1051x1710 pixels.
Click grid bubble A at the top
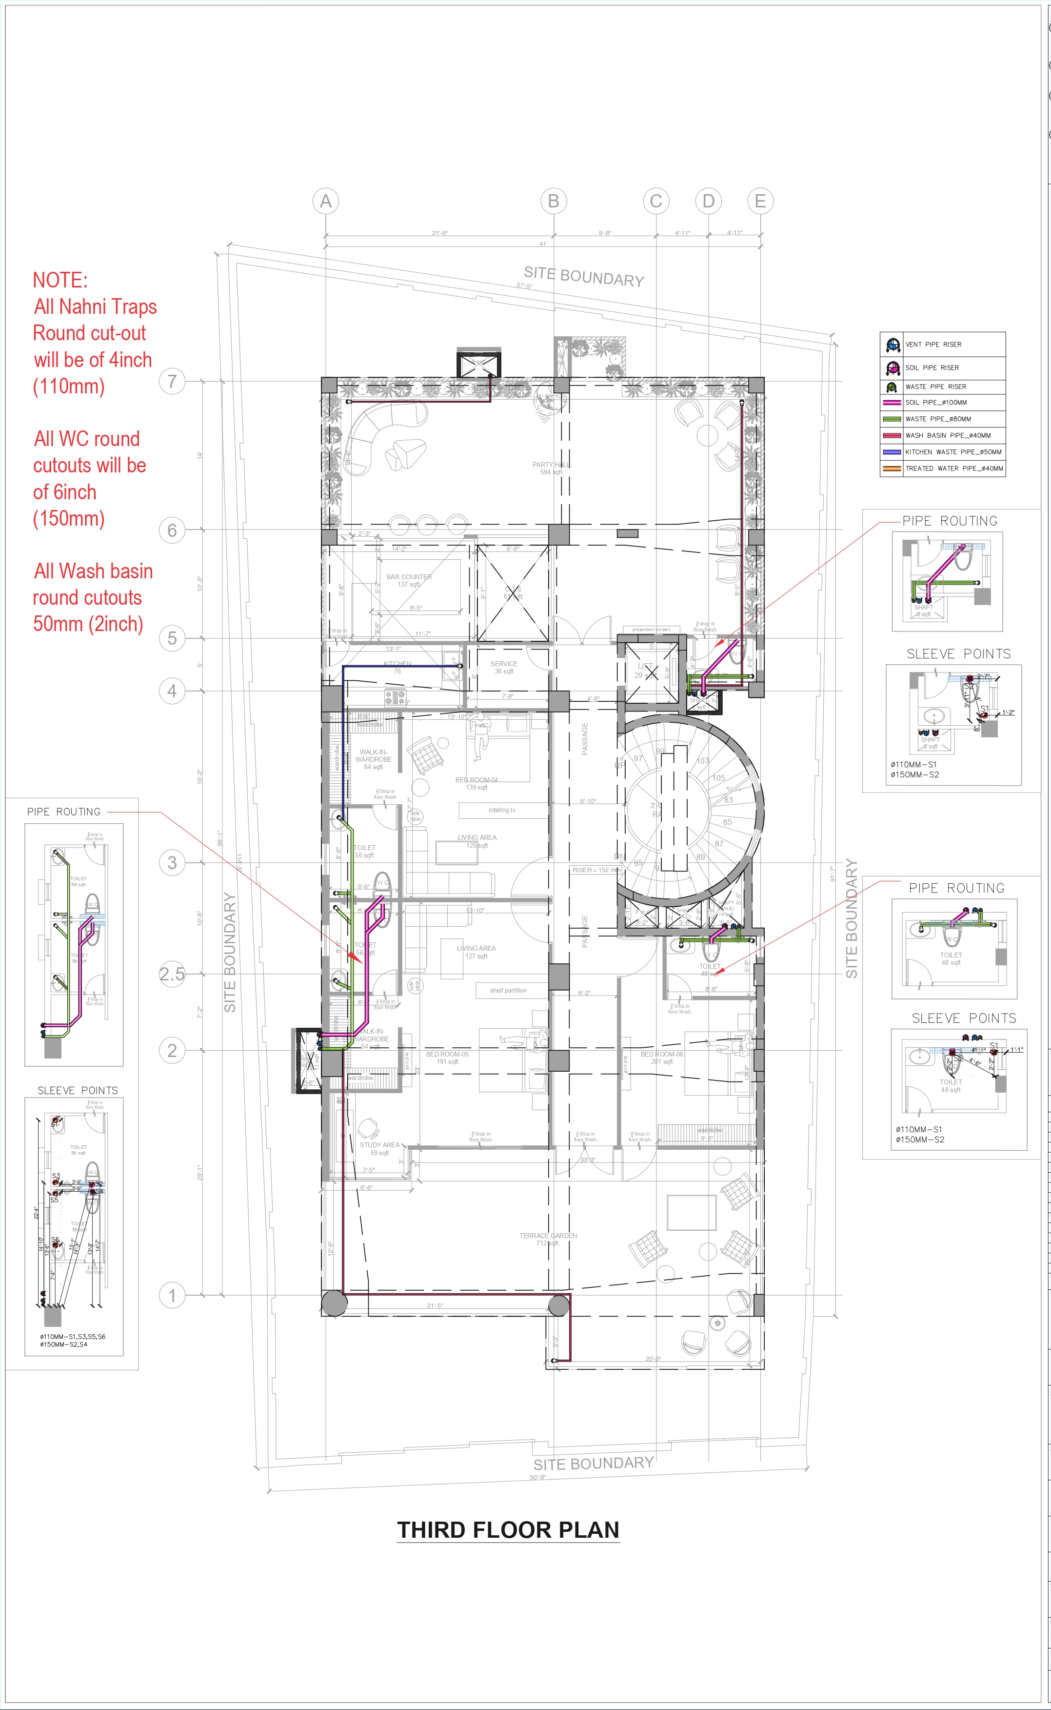click(325, 201)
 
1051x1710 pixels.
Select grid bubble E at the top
click(760, 201)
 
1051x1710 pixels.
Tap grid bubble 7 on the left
click(172, 381)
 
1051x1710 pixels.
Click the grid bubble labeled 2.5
click(172, 974)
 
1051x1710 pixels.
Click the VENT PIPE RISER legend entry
click(933, 344)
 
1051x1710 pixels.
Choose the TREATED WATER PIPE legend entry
click(953, 468)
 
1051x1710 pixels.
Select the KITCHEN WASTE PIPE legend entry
click(953, 452)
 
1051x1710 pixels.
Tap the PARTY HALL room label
click(551, 465)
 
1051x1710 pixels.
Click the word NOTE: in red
click(60, 280)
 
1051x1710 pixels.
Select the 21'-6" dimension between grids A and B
click(439, 233)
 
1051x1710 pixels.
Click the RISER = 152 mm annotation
click(595, 870)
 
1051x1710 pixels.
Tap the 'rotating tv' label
click(502, 810)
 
